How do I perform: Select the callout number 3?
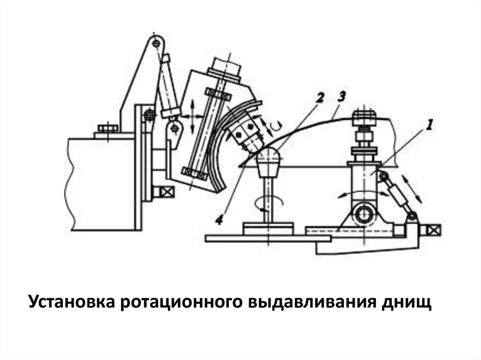coord(341,97)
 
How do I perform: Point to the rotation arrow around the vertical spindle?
coord(268,202)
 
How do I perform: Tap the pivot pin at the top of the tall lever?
coord(155,43)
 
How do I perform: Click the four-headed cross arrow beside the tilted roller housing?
coord(193,116)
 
